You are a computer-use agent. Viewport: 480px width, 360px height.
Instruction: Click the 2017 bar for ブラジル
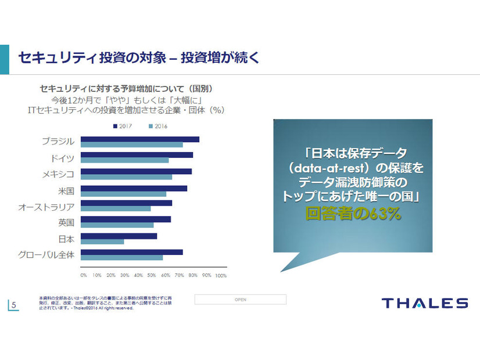(139, 139)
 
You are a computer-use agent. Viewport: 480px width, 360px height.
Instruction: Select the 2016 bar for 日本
(102, 242)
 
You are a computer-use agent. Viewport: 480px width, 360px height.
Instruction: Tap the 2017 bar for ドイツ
(137, 155)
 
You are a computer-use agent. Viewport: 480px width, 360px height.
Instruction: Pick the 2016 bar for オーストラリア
(116, 208)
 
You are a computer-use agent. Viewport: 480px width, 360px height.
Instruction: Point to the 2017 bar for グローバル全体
(131, 252)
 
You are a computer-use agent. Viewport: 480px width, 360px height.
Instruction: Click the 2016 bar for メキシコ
(126, 177)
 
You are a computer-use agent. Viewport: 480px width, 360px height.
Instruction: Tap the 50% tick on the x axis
(152, 275)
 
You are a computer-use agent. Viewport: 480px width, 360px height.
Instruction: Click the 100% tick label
(221, 275)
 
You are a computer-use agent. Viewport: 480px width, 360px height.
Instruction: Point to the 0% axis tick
(84, 275)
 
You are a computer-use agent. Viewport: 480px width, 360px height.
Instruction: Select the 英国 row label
(66, 222)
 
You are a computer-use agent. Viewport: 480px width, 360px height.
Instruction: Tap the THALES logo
(424, 303)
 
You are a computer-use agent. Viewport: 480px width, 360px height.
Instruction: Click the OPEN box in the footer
(240, 300)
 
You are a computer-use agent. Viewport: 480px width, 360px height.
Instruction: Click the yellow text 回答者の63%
(353, 213)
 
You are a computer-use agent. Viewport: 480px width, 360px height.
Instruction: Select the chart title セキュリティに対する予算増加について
(126, 89)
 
